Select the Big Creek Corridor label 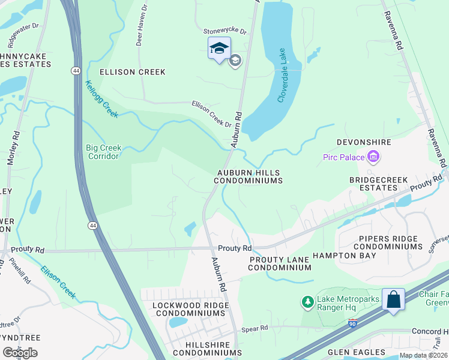pyautogui.click(x=104, y=152)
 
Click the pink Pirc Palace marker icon pyautogui.click(x=373, y=158)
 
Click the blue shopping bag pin pyautogui.click(x=393, y=299)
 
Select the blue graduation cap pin pyautogui.click(x=218, y=48)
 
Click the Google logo pyautogui.click(x=20, y=352)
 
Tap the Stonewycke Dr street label pyautogui.click(x=225, y=31)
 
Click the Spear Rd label pyautogui.click(x=255, y=329)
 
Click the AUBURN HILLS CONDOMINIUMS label pyautogui.click(x=248, y=176)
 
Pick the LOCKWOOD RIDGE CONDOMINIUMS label pyautogui.click(x=190, y=310)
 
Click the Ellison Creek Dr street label pyautogui.click(x=212, y=113)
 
